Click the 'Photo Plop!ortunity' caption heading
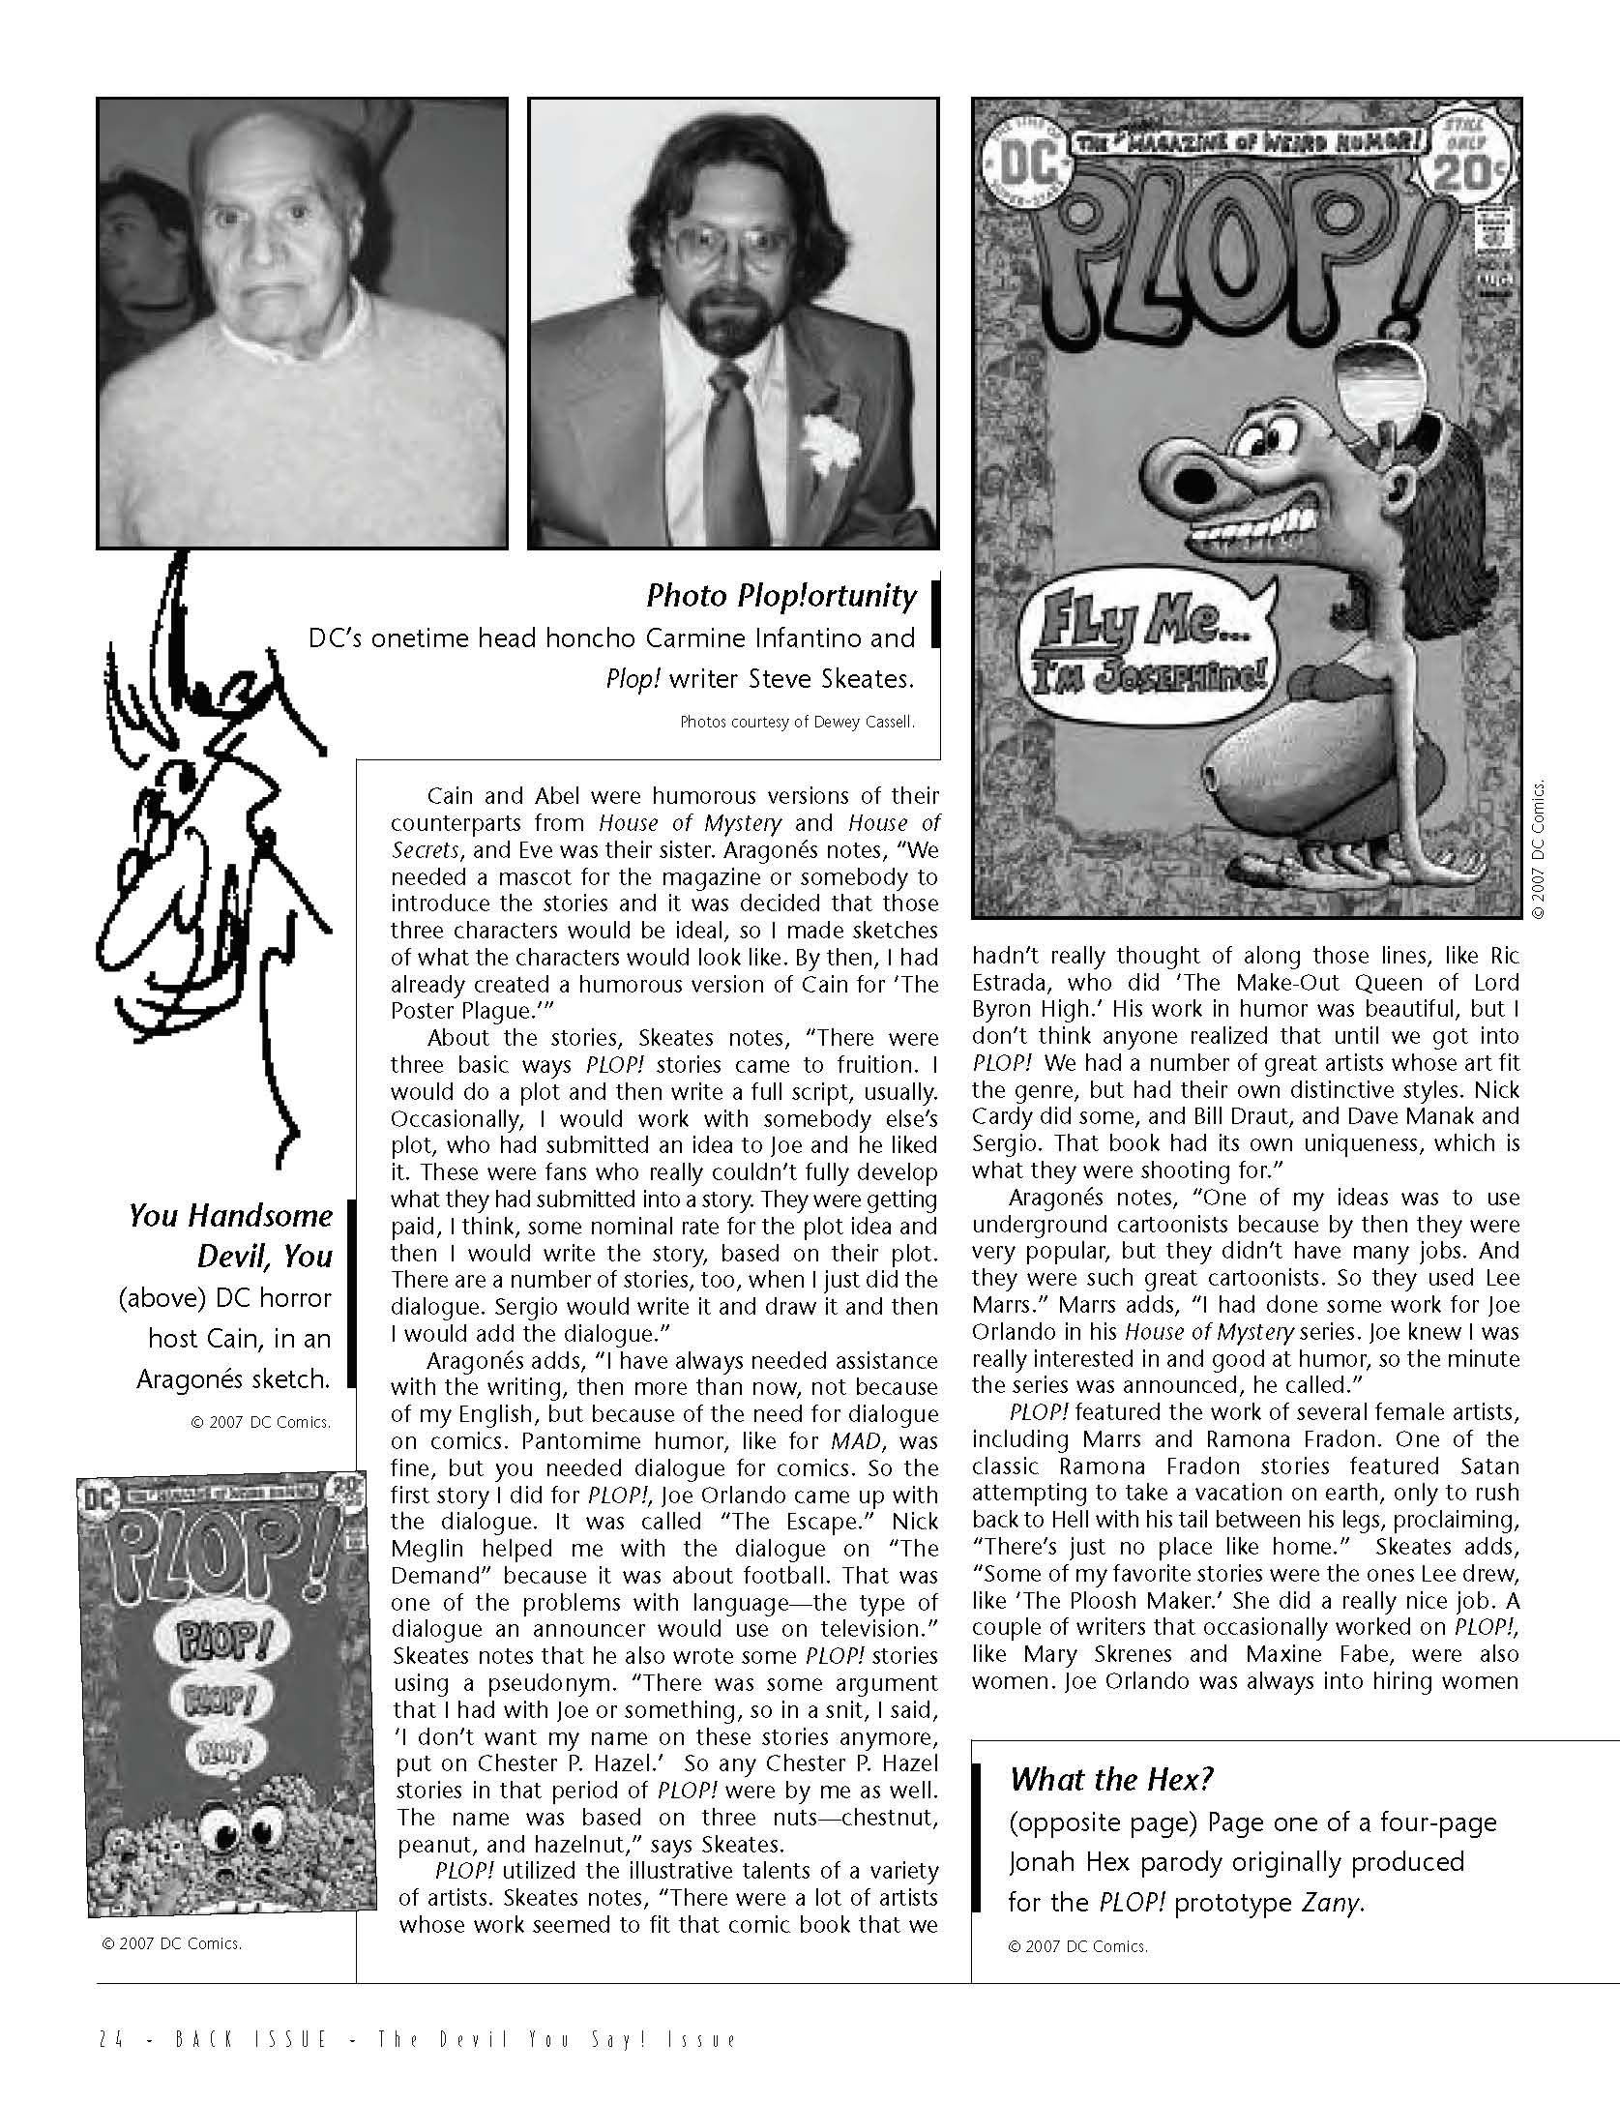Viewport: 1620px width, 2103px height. pyautogui.click(x=781, y=596)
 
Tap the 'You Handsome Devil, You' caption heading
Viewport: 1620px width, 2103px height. pyautogui.click(x=230, y=1235)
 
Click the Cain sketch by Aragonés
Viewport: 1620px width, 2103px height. pyautogui.click(x=213, y=851)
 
